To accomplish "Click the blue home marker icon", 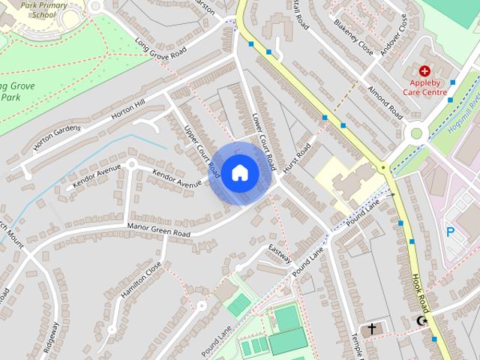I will pos(239,172).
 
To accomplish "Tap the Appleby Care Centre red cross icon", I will pos(424,70).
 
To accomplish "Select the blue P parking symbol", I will pos(451,232).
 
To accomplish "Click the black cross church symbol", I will pos(372,329).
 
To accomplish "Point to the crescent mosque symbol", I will pos(422,322).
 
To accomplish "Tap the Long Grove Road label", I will pos(160,48).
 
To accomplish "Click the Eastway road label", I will pos(280,255).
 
